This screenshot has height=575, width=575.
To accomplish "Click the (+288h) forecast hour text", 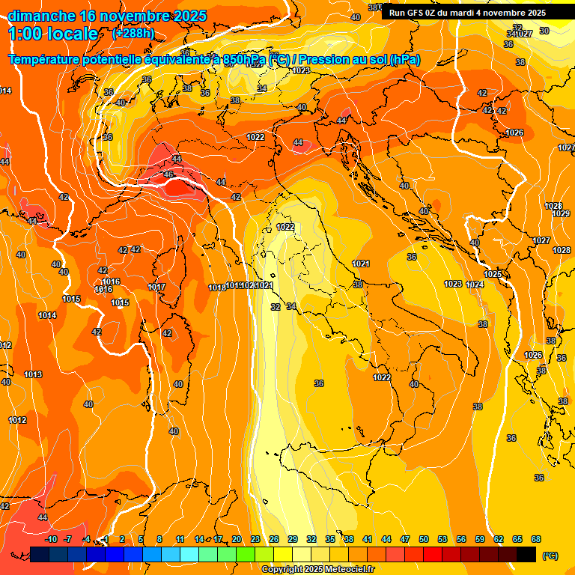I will coord(133,33).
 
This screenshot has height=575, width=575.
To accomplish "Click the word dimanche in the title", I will coord(42,16).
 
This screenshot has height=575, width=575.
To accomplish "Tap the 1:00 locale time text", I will coord(53,34).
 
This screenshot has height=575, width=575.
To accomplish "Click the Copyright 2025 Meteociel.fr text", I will coord(317,570).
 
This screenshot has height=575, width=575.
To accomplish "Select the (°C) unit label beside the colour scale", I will coord(550,555).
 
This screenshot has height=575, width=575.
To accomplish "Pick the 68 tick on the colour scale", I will coord(536,539).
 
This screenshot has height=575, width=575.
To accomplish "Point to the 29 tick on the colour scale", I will coord(293,539).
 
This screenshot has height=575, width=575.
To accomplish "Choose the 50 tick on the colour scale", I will coord(424,539).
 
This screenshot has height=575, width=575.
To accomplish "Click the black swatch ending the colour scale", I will coord(526,554).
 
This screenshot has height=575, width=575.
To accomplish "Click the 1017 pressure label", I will coord(156,287).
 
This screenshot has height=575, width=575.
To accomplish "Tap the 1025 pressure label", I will coord(493,274).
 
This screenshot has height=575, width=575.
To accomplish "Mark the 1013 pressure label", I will coord(33,374).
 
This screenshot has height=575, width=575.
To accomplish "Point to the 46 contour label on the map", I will coord(168,174).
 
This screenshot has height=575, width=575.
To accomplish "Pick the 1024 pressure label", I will coord(475,285).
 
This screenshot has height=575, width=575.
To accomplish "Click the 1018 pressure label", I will coord(217,287).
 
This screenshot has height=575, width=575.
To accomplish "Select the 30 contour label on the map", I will coord(544,31).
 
